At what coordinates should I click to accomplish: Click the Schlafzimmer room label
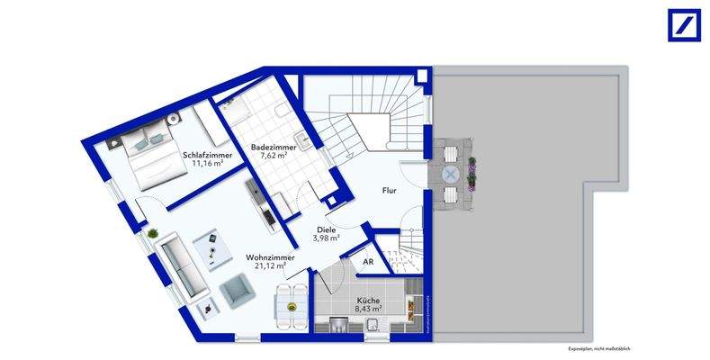point(208,156)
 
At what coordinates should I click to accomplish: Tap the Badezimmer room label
point(270,146)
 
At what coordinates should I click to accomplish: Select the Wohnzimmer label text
point(271,257)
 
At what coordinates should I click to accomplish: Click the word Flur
point(389,191)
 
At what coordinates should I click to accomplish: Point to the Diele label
point(326,229)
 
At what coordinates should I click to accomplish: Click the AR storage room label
point(367,261)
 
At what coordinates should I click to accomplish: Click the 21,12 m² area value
point(270,266)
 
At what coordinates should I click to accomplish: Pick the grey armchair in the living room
point(237,290)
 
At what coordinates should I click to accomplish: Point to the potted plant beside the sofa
point(153,234)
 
